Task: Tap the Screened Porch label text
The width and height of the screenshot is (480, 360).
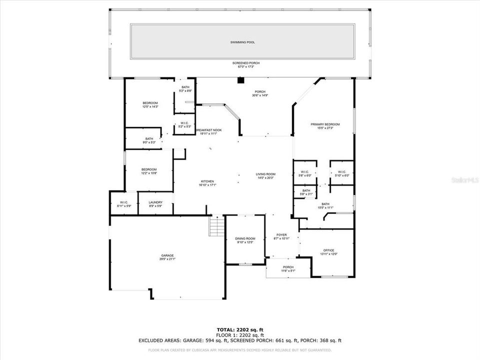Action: (x=246, y=63)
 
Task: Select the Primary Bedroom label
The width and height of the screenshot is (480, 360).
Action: (x=325, y=124)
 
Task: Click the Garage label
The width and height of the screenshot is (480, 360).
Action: (x=167, y=255)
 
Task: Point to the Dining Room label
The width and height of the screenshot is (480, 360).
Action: (x=245, y=239)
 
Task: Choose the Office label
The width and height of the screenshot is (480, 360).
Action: (x=328, y=250)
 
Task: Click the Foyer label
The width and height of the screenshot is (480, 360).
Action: (x=281, y=235)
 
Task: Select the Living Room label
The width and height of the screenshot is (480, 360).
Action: (x=266, y=174)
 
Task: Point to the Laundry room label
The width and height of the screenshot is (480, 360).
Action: (x=155, y=202)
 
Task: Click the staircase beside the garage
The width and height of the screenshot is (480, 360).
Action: (x=216, y=226)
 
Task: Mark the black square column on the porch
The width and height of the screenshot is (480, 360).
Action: (x=240, y=79)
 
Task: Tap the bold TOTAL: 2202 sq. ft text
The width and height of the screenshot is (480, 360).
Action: (x=240, y=330)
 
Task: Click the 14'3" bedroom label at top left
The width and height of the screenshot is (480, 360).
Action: (x=150, y=103)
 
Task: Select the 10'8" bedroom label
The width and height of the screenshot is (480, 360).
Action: (x=149, y=169)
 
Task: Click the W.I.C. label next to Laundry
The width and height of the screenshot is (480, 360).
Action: (x=124, y=202)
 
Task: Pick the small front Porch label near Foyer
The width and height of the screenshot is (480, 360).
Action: (x=288, y=267)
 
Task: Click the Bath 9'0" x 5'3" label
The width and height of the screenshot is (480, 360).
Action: (x=149, y=139)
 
